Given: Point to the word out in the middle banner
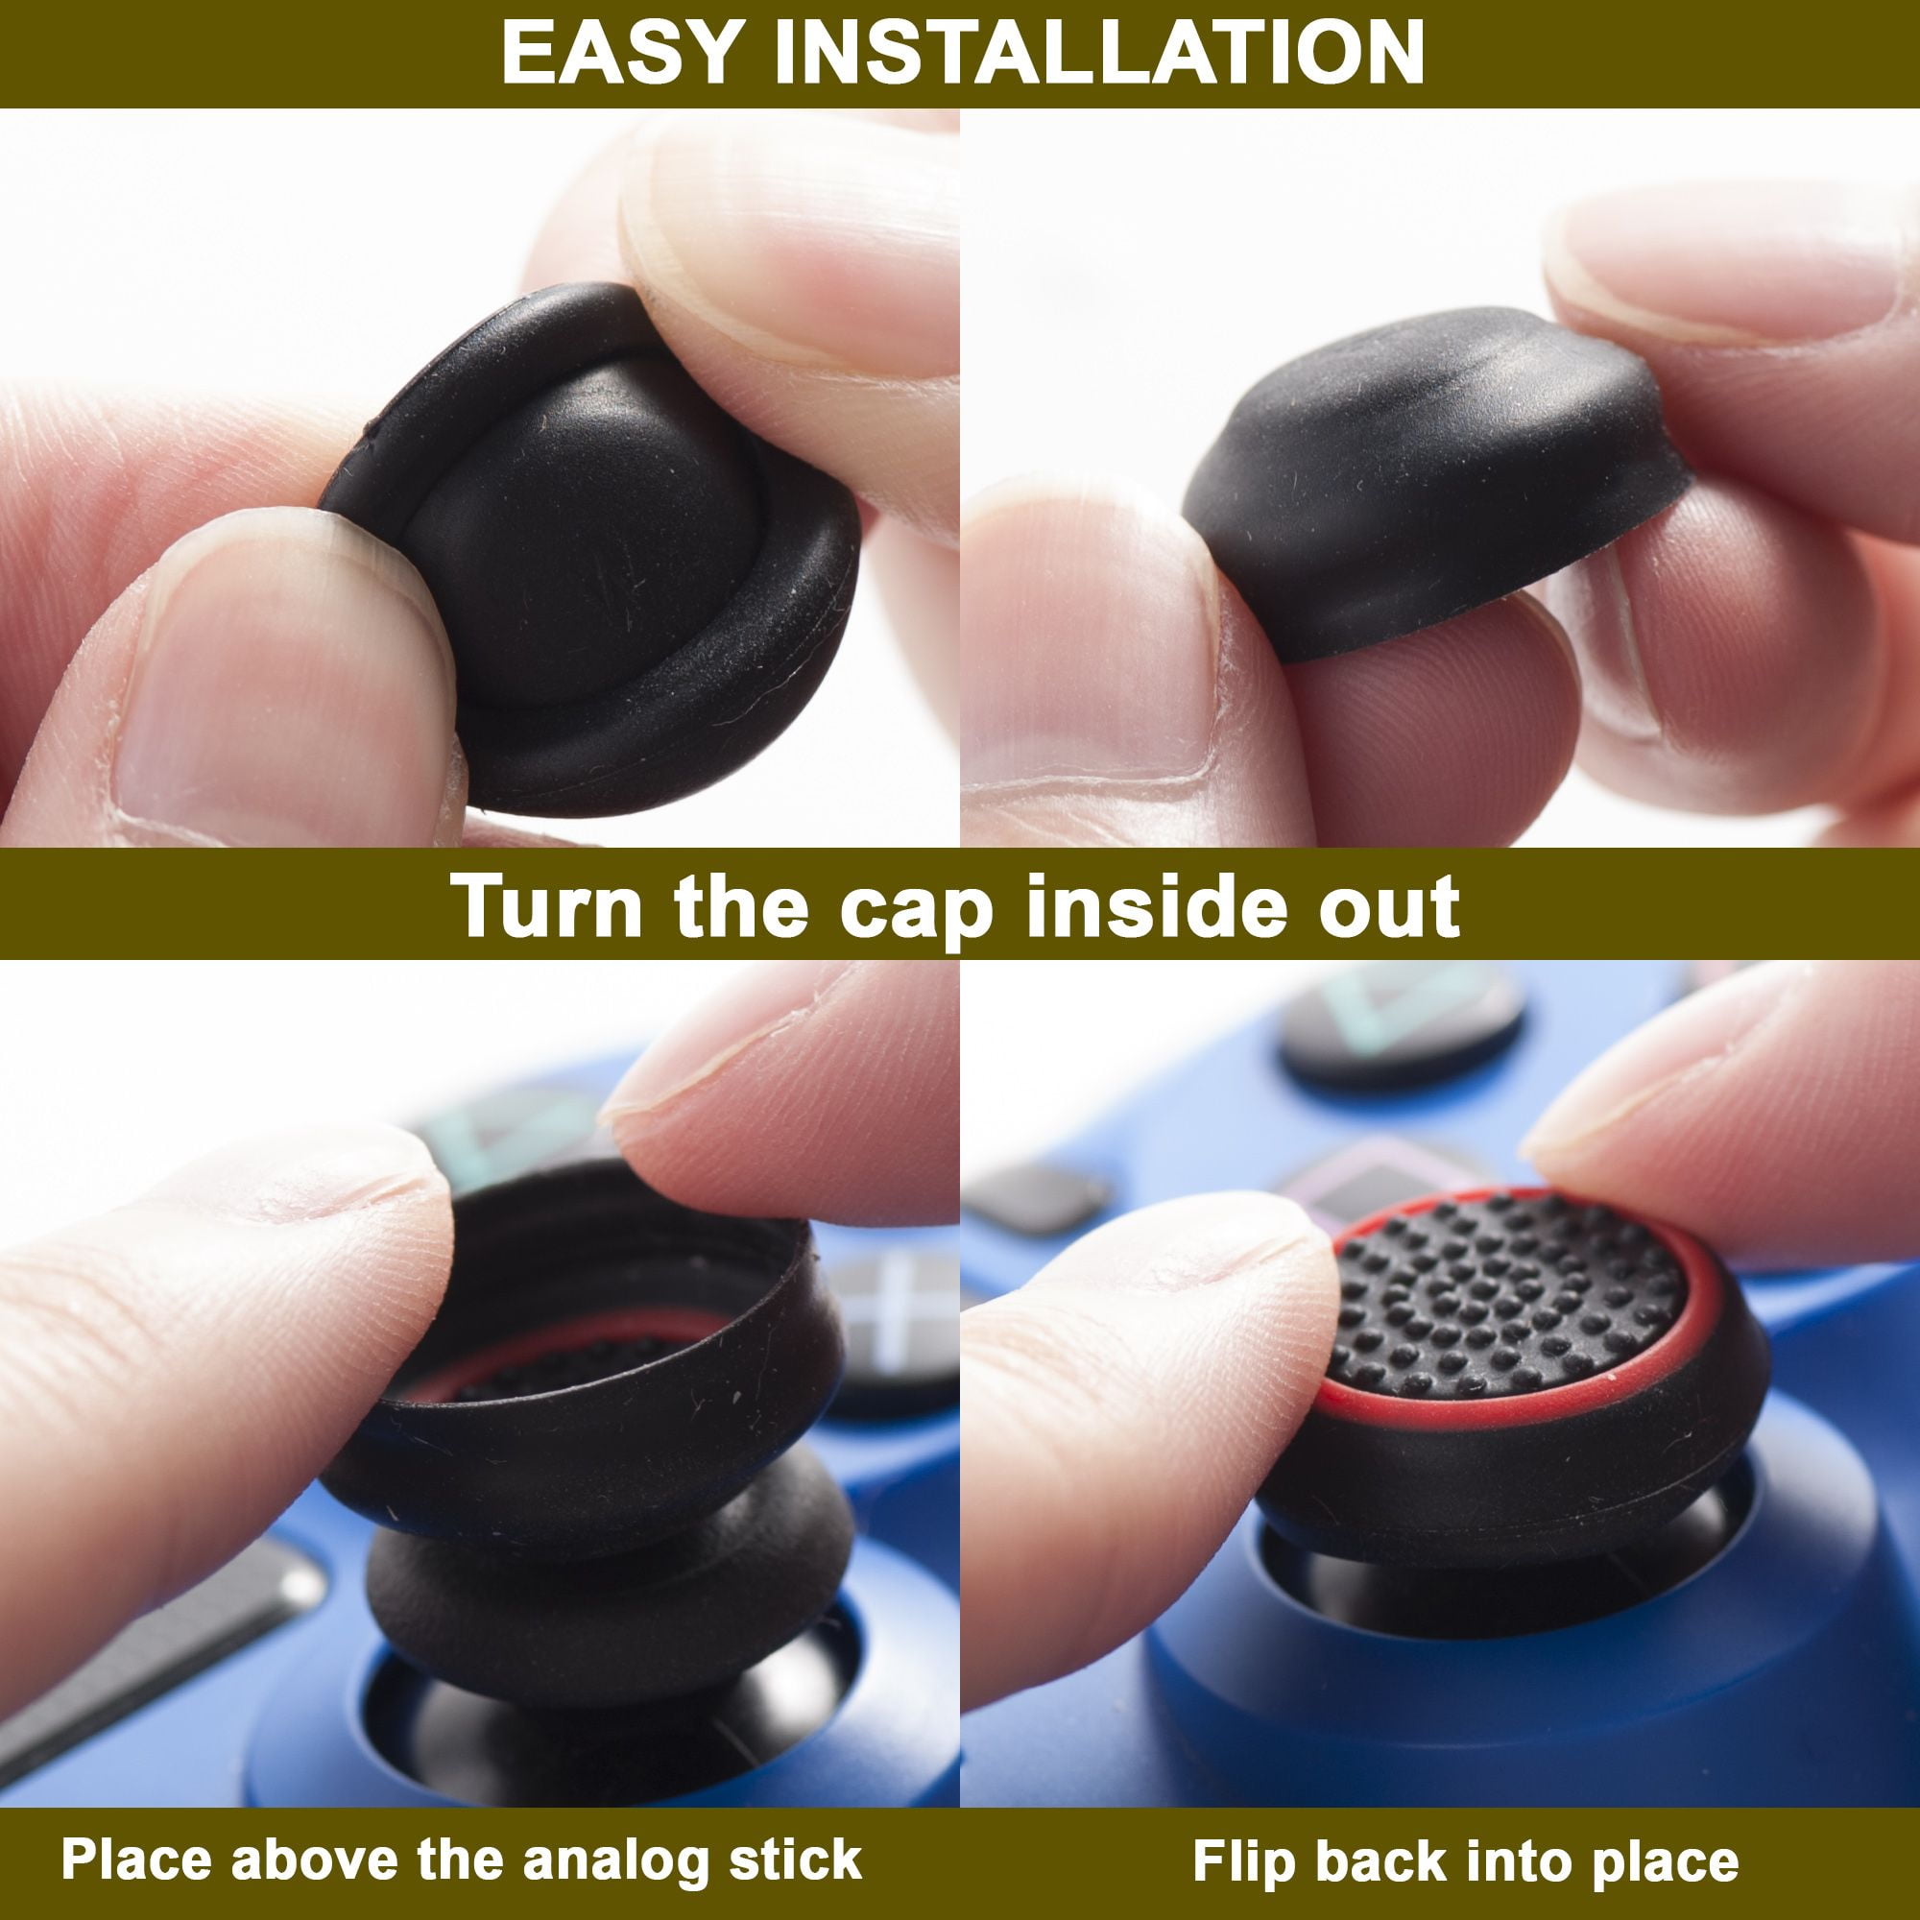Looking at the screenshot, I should pos(1387,905).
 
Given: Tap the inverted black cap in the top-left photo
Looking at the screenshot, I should pos(596,537).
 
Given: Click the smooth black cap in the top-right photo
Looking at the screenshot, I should pos(1431,477).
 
